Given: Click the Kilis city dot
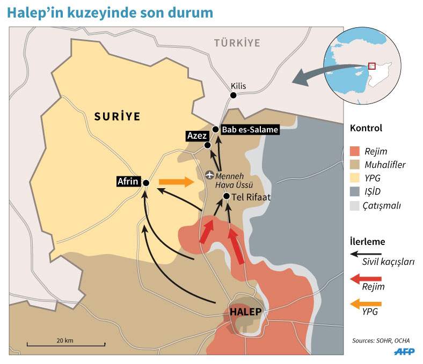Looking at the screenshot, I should click(233, 95).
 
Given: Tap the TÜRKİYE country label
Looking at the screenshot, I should click(237, 42).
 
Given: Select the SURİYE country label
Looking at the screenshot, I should click(116, 115).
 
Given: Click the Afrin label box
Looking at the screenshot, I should click(128, 182).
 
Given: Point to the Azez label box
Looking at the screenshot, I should click(194, 136).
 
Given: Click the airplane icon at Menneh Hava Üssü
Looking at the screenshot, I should click(209, 174).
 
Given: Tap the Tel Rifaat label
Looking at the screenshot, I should click(251, 197).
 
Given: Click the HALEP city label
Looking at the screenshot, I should click(245, 311).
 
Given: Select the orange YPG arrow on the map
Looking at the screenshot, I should click(176, 182).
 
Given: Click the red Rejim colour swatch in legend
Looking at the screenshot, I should click(355, 151).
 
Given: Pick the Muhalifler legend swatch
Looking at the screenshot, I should click(355, 165).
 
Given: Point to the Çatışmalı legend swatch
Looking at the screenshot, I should click(355, 205).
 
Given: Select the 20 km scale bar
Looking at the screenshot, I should click(65, 344).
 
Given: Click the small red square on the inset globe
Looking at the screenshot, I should click(371, 66).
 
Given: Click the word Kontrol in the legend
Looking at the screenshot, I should click(366, 129).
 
